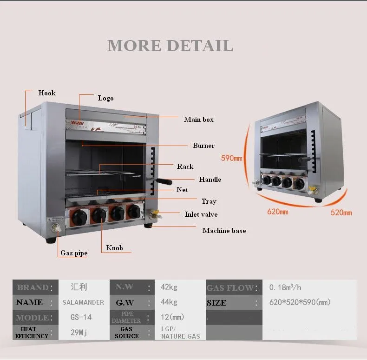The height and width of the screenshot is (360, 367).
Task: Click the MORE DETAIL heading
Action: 170,46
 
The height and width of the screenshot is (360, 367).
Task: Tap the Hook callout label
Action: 47,93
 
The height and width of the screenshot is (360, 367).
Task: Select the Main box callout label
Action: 198,120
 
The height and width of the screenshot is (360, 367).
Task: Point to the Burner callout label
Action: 203,146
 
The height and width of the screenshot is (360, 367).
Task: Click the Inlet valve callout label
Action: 201,214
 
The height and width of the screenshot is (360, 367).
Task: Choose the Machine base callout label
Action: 224,231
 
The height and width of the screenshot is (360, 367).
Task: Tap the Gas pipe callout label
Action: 74,253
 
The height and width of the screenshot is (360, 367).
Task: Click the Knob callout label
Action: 114,248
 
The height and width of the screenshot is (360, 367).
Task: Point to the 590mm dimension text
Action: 231,159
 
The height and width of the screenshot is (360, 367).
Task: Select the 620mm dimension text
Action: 277,212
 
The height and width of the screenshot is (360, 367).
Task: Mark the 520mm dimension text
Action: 341,213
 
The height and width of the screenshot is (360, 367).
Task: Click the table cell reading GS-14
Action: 81,317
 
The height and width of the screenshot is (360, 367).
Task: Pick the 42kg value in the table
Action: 169,287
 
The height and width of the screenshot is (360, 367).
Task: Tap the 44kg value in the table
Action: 169,302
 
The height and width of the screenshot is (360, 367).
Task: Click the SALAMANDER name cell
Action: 83,302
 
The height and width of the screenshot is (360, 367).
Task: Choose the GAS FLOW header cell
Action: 230,288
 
